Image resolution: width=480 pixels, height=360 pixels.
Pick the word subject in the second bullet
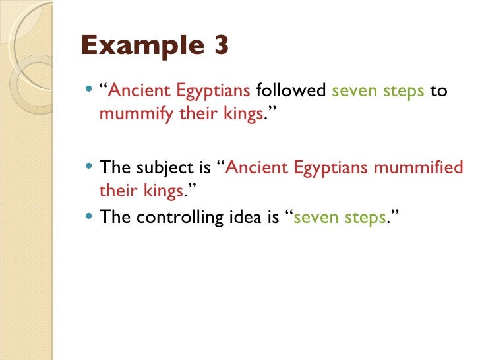point(158,168)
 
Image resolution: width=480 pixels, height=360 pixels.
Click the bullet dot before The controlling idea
point(90,216)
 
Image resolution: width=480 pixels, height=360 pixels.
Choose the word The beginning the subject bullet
point(113,168)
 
